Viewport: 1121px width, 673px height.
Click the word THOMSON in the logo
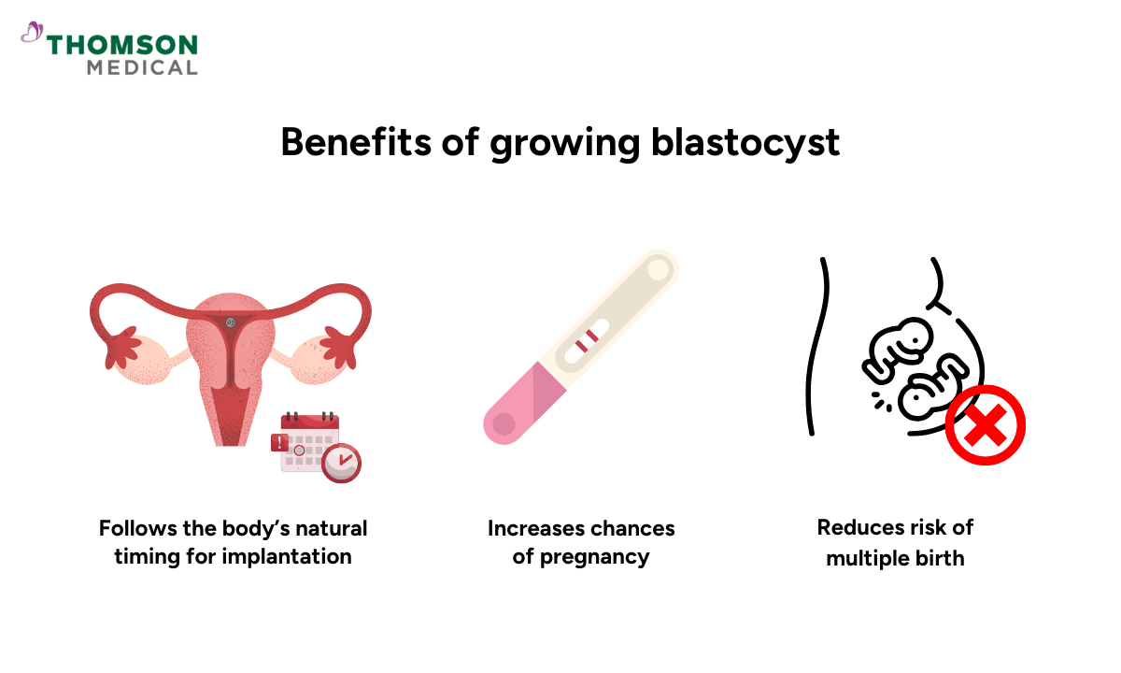pos(122,45)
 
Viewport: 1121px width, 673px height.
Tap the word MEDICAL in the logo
pos(142,68)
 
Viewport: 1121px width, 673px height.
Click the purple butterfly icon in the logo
pos(32,32)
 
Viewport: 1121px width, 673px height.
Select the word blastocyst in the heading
pos(745,143)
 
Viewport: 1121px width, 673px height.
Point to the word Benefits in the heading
pos(355,142)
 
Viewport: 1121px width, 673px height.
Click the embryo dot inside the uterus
pos(231,322)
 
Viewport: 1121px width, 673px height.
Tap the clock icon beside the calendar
pos(341,464)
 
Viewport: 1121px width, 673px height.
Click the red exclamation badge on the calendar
pos(279,443)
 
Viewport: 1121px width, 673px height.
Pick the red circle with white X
pos(985,425)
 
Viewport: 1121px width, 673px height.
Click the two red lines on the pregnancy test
pos(587,340)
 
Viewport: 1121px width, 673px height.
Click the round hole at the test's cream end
pos(658,270)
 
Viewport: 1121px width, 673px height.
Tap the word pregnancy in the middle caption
pos(594,558)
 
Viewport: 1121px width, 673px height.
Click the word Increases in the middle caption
pos(534,529)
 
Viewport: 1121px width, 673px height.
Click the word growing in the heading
pos(565,145)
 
